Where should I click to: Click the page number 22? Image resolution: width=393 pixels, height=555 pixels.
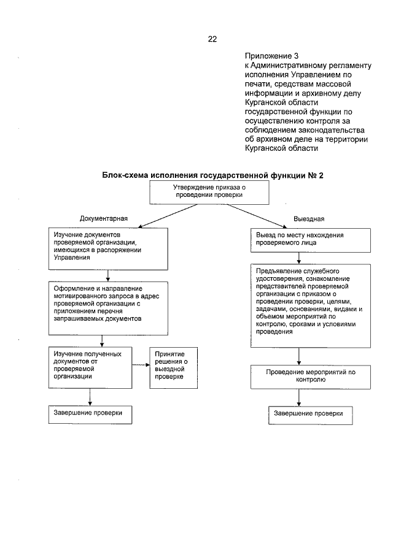(x=212, y=39)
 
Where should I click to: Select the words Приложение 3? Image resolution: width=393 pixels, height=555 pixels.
(x=268, y=56)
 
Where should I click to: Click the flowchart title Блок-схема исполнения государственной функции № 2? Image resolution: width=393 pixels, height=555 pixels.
(x=212, y=175)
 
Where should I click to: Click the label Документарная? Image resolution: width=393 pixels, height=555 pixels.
(x=103, y=218)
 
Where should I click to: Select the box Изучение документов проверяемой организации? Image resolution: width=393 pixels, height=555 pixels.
(x=108, y=249)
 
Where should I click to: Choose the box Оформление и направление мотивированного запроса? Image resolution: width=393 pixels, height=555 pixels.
(x=108, y=306)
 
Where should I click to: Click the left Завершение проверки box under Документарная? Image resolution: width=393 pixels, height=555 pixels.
(x=90, y=414)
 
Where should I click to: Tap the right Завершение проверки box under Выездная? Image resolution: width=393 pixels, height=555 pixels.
(x=310, y=415)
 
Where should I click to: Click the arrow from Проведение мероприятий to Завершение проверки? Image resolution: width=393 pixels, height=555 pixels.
(x=299, y=397)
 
